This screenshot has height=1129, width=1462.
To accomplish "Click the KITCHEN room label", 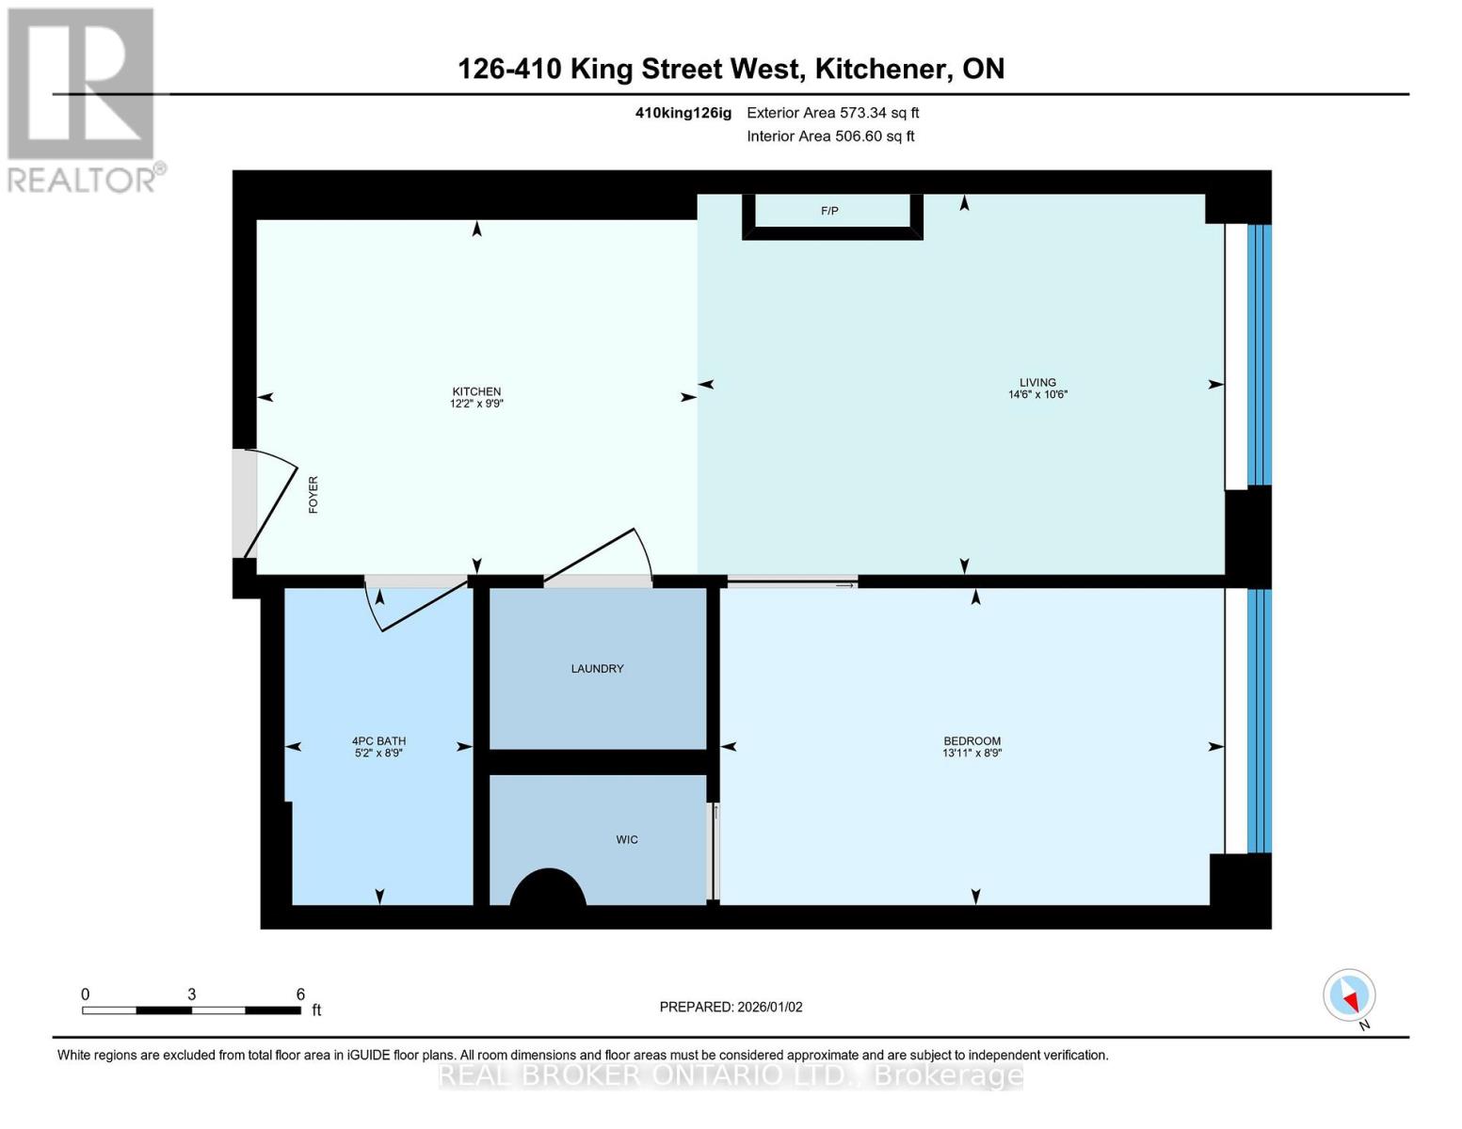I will (476, 391).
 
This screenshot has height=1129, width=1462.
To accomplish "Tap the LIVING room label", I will (1037, 382).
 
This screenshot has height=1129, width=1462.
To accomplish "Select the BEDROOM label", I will (972, 740).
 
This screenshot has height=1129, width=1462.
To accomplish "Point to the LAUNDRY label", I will (597, 669).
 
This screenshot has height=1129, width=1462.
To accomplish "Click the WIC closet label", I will (627, 839).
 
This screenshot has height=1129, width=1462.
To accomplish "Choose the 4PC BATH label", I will (378, 740).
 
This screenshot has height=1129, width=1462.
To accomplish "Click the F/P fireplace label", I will (829, 211).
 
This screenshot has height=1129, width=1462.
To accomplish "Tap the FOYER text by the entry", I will (313, 494).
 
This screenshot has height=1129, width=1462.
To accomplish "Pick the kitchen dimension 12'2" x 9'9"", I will (476, 404).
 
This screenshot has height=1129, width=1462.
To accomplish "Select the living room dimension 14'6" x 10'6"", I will (1037, 395).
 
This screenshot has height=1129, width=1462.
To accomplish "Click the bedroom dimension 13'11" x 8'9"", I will (972, 754).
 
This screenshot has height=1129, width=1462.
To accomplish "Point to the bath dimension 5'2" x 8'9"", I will (378, 754).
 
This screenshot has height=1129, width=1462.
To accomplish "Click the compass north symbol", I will (1350, 995).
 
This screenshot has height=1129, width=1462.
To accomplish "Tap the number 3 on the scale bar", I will (191, 994).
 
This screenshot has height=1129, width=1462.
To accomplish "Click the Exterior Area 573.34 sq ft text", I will (832, 113).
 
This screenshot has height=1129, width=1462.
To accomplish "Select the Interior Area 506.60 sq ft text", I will (830, 136).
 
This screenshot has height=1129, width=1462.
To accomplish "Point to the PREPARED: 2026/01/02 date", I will (731, 1007).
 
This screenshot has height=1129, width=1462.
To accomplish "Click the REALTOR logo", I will (83, 99).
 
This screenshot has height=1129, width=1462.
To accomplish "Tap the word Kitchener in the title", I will (880, 69).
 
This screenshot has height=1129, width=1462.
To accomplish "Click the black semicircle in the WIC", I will (548, 890).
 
